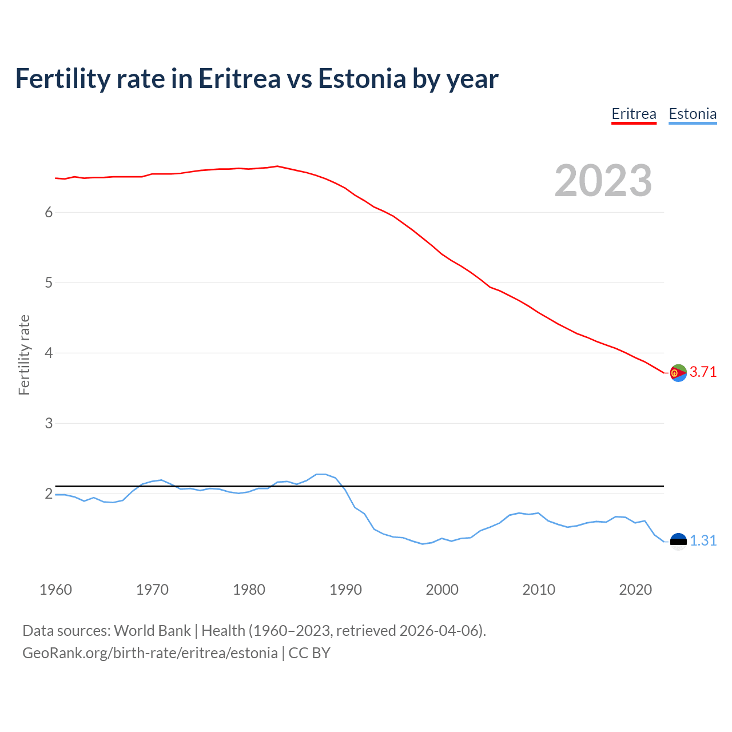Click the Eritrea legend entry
tap(634, 114)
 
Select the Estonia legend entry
tap(693, 114)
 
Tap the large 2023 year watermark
tap(603, 181)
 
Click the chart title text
tap(257, 78)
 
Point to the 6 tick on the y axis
tap(49, 212)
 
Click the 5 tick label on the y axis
tap(49, 283)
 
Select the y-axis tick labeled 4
tap(49, 353)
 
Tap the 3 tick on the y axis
tap(49, 423)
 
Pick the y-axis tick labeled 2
tap(49, 494)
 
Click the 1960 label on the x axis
tap(55, 590)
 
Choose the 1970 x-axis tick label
tap(152, 590)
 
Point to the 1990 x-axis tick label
tap(345, 590)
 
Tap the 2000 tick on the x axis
tap(442, 590)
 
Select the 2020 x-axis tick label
tap(635, 590)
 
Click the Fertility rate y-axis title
tap(24, 355)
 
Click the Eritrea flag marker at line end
tap(678, 373)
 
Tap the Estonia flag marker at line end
tap(678, 541)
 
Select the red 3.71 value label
tap(703, 372)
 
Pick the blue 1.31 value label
tap(703, 540)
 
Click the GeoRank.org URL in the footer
tap(150, 653)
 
